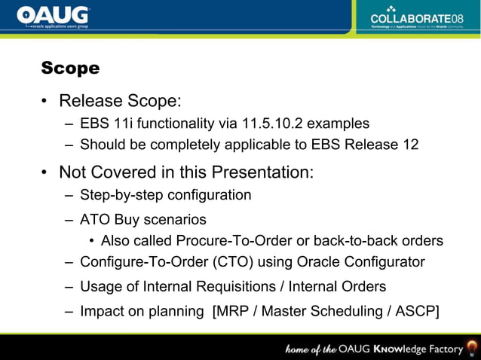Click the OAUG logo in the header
(x=53, y=17)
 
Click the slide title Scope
(x=70, y=69)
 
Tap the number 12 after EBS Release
(x=410, y=144)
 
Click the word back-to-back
(x=360, y=241)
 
